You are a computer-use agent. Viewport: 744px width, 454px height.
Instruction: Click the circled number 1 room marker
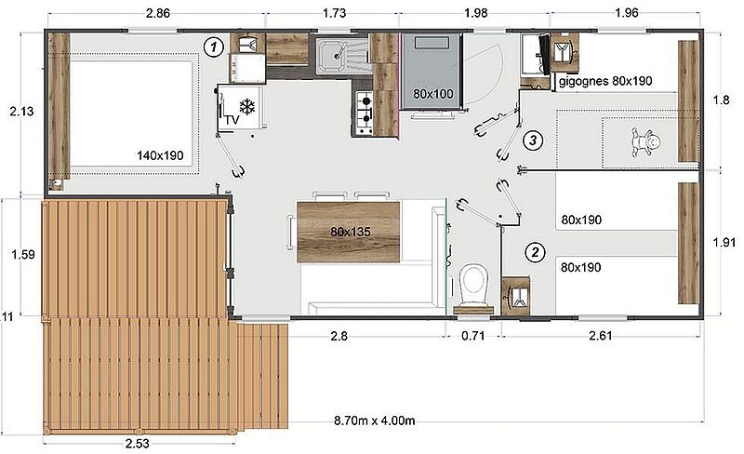214,47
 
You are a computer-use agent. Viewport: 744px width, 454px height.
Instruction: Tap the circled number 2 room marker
535,252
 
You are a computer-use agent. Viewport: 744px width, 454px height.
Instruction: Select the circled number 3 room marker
533,140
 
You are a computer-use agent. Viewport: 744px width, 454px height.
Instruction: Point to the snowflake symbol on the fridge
247,106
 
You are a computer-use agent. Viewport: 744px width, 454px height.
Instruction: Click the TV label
232,120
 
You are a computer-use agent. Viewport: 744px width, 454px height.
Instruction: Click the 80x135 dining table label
351,232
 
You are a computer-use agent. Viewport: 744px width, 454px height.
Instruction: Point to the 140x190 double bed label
160,155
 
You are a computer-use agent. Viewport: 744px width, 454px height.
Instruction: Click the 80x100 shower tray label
432,94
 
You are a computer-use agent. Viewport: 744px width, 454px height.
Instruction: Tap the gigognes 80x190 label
605,81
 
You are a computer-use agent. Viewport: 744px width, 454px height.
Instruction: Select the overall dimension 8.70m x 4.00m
375,421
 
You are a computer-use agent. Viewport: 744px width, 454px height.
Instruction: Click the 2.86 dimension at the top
158,13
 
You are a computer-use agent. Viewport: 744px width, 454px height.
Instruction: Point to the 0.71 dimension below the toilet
473,336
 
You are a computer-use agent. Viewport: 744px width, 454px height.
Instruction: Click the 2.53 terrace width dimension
137,444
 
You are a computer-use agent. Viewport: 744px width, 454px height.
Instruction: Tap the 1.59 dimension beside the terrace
23,255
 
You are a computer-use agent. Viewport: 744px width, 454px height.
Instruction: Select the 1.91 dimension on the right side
724,242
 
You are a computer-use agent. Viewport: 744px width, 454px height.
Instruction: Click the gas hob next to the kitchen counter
364,113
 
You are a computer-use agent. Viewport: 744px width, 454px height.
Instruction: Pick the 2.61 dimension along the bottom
601,336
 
